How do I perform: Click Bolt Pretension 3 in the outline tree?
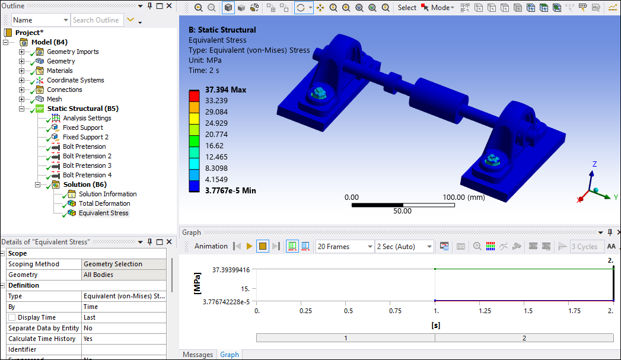pyautogui.click(x=87, y=165)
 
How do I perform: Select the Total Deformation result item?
pyautogui.click(x=104, y=203)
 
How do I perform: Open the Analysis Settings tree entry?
pyautogui.click(x=87, y=118)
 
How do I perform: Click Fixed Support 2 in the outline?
pyautogui.click(x=85, y=137)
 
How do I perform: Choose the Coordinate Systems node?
pyautogui.click(x=75, y=80)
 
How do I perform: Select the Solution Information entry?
pyautogui.click(x=107, y=194)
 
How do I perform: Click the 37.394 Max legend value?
pyautogui.click(x=225, y=90)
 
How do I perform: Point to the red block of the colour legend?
pyautogui.click(x=194, y=95)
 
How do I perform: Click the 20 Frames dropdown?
pyautogui.click(x=344, y=246)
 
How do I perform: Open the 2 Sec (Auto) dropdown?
pyautogui.click(x=405, y=246)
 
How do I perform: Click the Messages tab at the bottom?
pyautogui.click(x=198, y=355)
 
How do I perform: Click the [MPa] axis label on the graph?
pyautogui.click(x=198, y=285)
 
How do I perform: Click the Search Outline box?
pyautogui.click(x=97, y=20)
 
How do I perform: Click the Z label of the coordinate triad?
pyautogui.click(x=594, y=164)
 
